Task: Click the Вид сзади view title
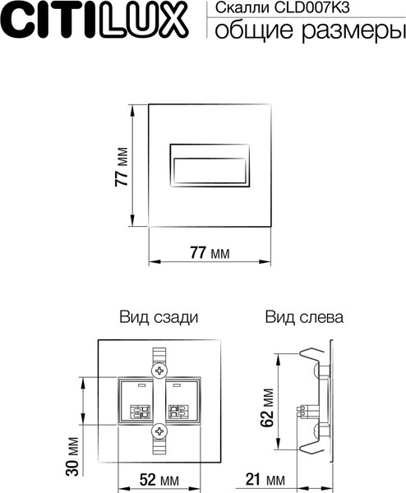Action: point(158,316)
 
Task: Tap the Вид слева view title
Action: point(303,316)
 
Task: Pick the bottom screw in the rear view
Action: point(158,429)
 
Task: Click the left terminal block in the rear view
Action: point(137,401)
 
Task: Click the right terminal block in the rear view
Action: point(180,401)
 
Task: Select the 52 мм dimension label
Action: point(159,479)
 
